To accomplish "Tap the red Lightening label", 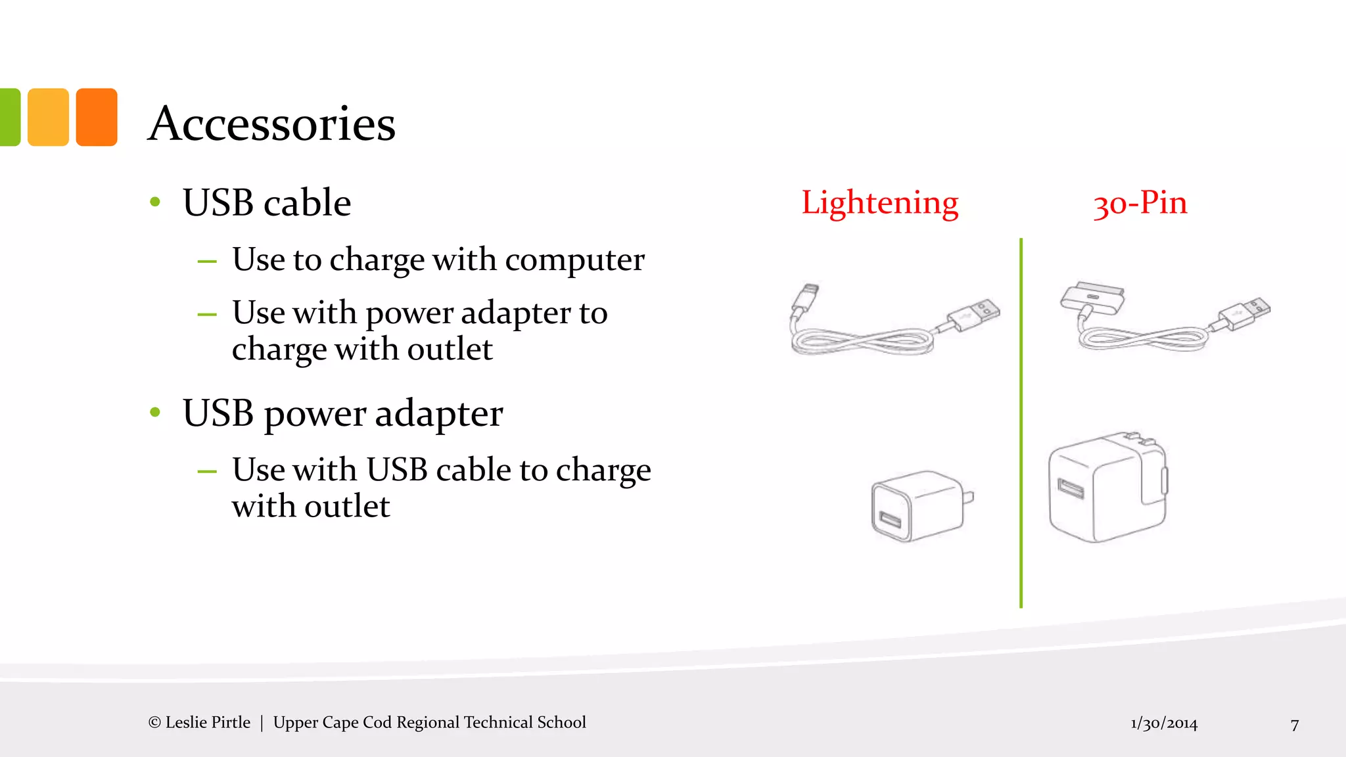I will [879, 202].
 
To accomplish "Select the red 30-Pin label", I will [1140, 202].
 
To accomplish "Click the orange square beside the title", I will [97, 117].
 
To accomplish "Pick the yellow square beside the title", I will [48, 117].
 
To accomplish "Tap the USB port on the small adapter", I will [890, 520].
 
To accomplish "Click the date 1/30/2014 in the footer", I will [1164, 723].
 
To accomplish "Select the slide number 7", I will [1295, 724].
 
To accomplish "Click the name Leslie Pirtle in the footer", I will [208, 722].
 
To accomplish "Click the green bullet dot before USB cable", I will [155, 202].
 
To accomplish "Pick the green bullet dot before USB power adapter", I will [155, 413].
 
